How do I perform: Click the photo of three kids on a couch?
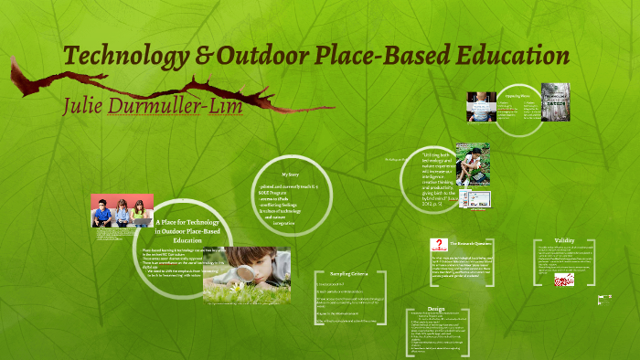120,211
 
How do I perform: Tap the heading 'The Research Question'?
475,244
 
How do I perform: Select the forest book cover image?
554,102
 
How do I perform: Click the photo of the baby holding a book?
482,108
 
